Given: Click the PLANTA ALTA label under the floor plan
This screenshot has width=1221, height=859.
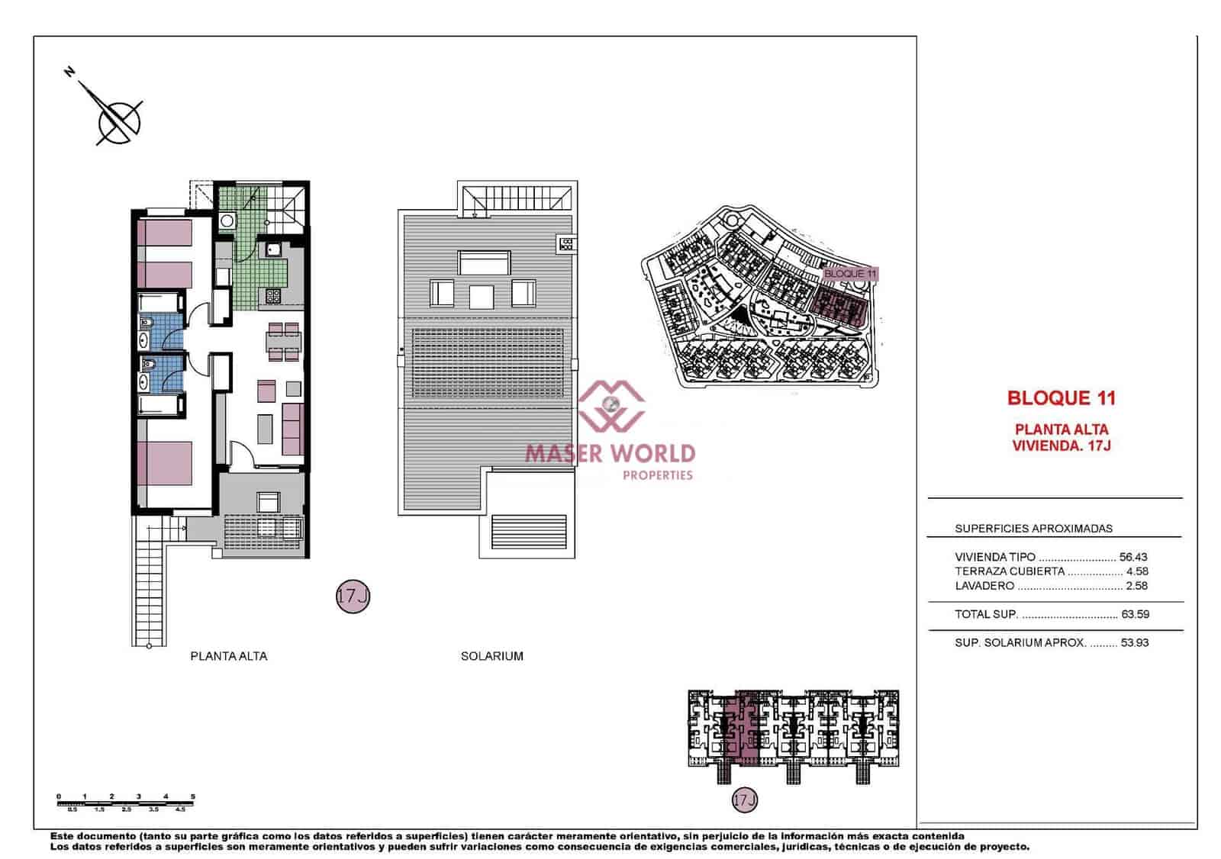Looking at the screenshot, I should (229, 656).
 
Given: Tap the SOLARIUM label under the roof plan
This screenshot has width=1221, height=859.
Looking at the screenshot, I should (492, 656).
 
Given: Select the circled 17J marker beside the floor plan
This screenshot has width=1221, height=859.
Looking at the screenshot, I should (353, 596).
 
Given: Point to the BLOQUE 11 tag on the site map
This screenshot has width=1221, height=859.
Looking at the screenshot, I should (850, 274).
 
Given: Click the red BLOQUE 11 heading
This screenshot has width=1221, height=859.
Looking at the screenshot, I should (1062, 398).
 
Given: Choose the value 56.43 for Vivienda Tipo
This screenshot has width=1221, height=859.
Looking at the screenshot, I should (1133, 557).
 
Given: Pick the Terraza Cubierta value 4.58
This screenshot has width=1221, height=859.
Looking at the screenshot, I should (1136, 571).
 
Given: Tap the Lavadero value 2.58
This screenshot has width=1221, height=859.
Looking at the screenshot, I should (1136, 586).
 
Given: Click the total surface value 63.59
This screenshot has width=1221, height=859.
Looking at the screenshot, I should (1135, 614).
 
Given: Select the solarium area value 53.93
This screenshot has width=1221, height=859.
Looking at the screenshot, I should (1135, 642).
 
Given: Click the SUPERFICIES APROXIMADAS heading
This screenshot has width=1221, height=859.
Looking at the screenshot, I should (1033, 528).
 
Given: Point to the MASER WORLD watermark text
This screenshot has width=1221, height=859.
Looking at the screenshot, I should (610, 453).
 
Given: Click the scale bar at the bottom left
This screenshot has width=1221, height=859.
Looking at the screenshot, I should (126, 802).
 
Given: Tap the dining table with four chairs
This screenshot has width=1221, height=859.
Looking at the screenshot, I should (283, 341).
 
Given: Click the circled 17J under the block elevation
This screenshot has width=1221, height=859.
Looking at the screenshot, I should (744, 800).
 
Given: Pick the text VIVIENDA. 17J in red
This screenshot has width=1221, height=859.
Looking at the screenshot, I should (1062, 446).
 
